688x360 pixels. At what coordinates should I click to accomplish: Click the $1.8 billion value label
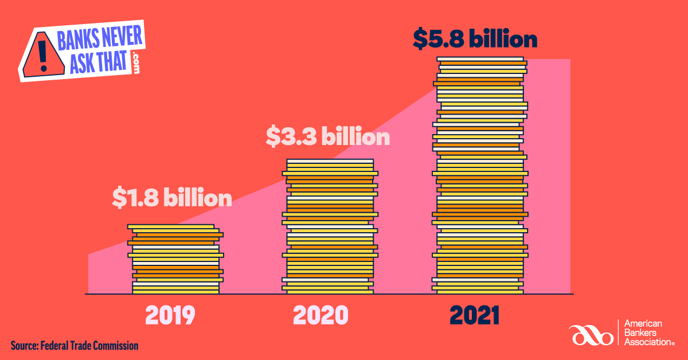[x=172, y=198]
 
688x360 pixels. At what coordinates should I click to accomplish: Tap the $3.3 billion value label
[x=327, y=138]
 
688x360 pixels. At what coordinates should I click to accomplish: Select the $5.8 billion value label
[x=475, y=40]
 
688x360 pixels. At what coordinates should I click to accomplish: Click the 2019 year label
[x=170, y=315]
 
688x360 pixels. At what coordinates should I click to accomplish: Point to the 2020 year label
[x=320, y=315]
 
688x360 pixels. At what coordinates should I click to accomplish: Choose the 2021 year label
[x=475, y=315]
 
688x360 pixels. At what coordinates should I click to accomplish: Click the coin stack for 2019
[x=175, y=259]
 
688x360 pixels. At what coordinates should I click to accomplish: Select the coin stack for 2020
[x=330, y=226]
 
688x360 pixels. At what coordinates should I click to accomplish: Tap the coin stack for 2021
[x=480, y=175]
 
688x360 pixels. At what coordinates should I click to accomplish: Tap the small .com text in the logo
[x=136, y=62]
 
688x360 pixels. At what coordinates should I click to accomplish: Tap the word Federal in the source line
[x=56, y=346]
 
